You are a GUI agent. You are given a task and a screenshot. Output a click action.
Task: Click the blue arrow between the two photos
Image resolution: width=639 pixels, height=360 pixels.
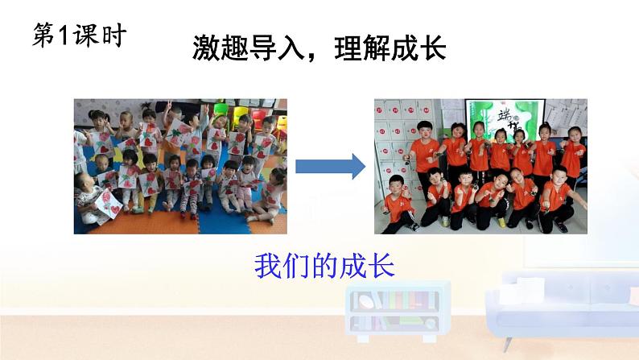330,167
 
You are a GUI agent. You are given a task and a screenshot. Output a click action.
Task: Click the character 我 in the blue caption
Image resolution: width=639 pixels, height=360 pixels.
268,265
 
